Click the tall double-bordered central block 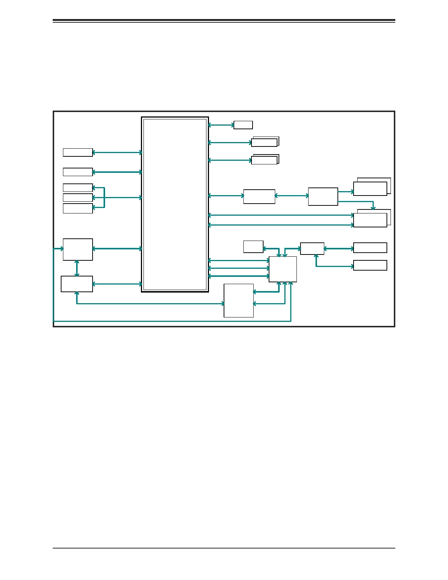[175, 204]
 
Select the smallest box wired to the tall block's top [243, 125]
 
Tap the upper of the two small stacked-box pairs [265, 142]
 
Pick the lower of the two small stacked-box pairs [265, 160]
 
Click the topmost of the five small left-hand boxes [78, 152]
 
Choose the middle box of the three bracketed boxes [78, 198]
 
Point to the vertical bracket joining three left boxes [104, 198]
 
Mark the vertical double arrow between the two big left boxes [77, 268]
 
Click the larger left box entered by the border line [78, 249]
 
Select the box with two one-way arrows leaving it [323, 197]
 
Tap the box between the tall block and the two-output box [259, 196]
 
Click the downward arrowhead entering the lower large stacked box [373, 208]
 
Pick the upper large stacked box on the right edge [370, 188]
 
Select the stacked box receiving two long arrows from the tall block [370, 220]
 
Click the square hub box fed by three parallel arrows [283, 269]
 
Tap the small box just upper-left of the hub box [253, 246]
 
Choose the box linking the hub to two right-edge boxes [312, 249]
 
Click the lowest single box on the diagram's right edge [370, 265]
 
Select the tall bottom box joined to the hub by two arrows [239, 300]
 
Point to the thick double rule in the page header [224, 21]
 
